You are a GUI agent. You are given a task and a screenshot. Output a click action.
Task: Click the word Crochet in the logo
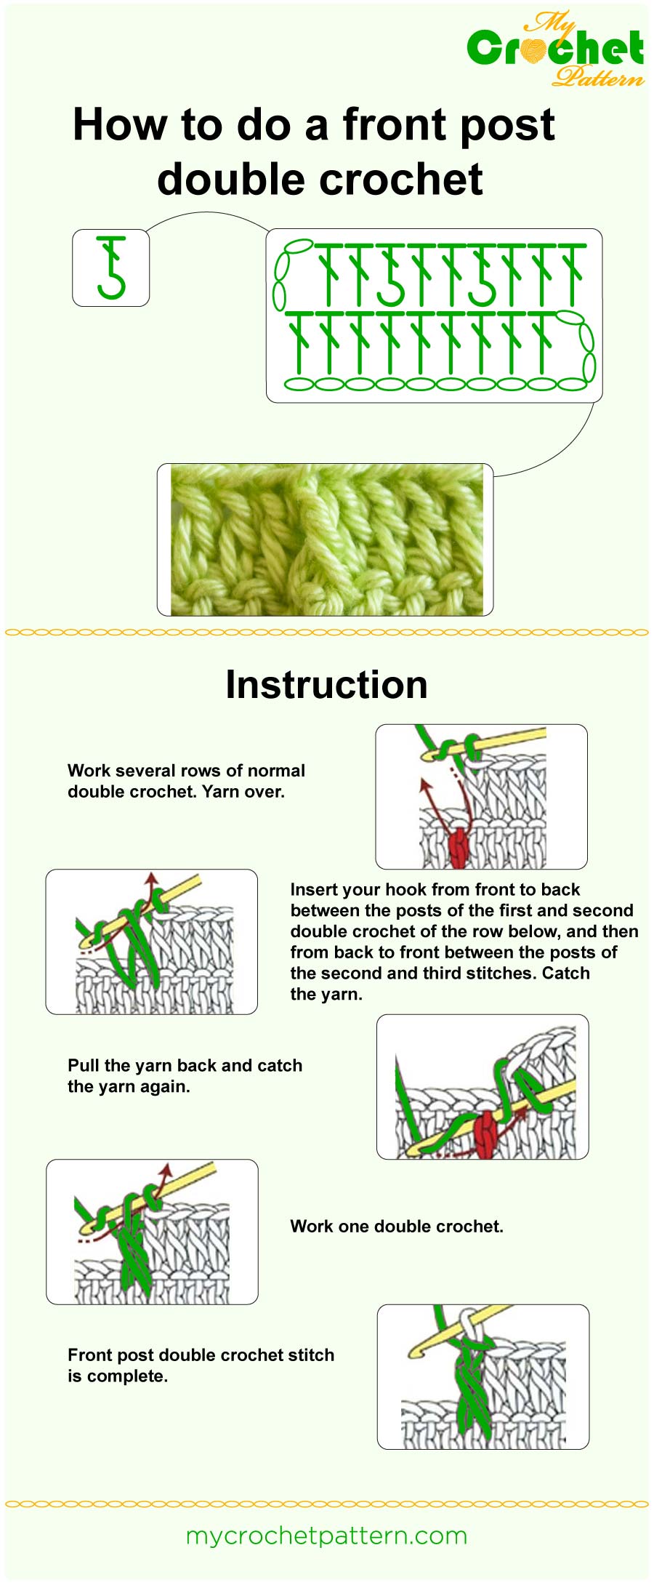click(x=555, y=49)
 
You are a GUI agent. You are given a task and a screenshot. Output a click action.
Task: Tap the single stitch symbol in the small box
click(x=111, y=268)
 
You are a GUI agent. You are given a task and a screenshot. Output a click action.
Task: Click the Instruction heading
click(x=326, y=684)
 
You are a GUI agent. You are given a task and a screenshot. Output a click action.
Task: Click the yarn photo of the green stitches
click(x=326, y=539)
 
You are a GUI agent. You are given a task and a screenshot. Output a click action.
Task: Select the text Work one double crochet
click(x=396, y=1227)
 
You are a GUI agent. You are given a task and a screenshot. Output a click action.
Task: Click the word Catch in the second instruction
click(x=565, y=973)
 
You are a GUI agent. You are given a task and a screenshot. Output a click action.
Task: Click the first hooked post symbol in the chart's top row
click(x=390, y=276)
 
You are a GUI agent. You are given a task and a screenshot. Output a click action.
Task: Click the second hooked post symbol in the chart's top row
click(x=482, y=276)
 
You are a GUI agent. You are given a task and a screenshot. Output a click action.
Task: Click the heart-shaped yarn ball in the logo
click(x=536, y=49)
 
